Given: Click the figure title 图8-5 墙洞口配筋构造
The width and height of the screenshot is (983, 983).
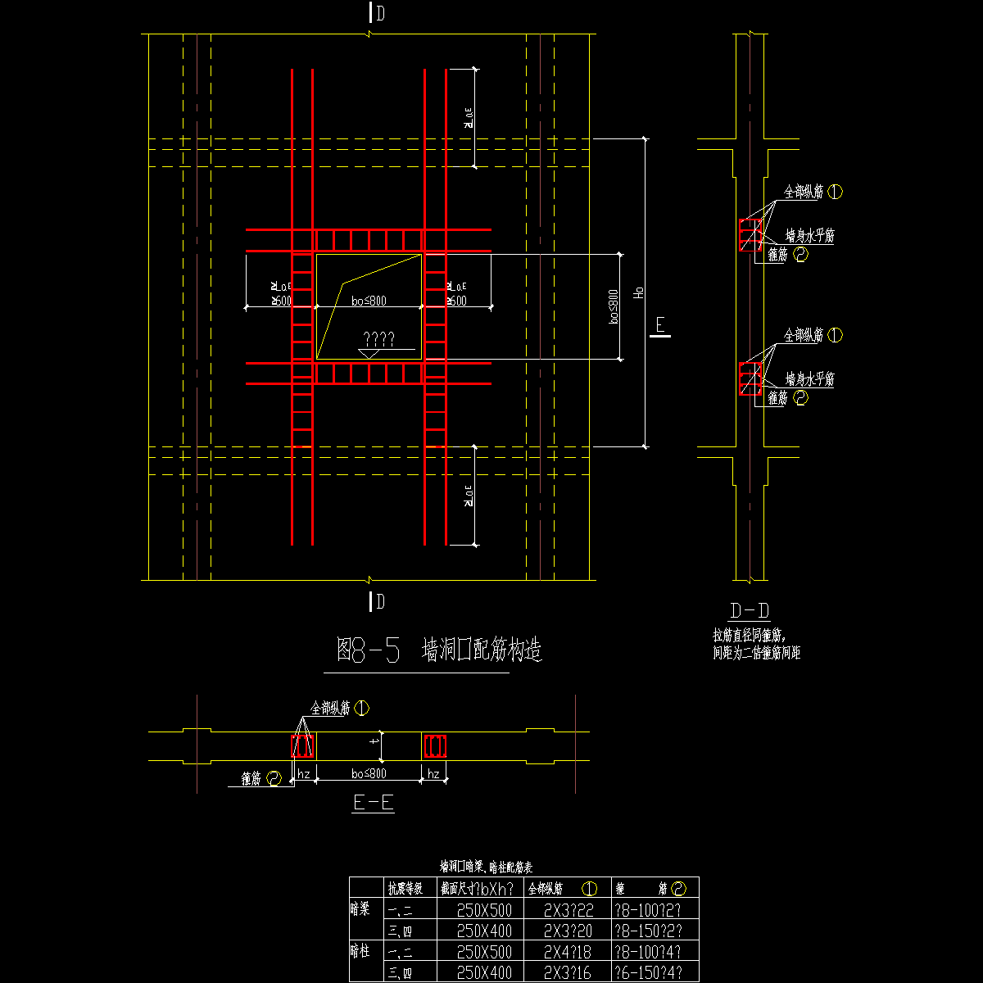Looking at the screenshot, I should coord(440,650).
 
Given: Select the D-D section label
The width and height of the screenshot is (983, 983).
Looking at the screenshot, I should coord(749,611).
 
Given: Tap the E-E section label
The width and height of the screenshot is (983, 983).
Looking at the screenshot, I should coord(374,803).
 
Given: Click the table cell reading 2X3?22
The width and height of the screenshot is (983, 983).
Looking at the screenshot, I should coord(568,909).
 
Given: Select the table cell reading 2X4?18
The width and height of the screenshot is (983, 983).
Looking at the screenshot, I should coord(568,952).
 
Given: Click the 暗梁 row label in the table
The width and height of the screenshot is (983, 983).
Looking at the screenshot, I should coord(360,909).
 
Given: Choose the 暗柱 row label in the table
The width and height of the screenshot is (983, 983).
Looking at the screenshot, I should coord(360,952).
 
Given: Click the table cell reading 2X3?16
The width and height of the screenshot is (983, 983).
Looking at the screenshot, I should coord(568,973).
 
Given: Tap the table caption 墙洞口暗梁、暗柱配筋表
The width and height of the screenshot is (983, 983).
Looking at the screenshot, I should coord(486,867).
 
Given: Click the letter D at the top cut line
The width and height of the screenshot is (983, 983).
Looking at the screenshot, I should coord(381,13).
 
